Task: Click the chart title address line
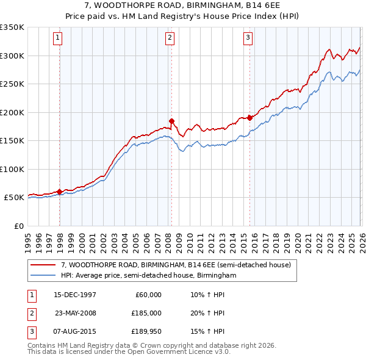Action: [183, 5]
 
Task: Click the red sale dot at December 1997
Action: [60, 192]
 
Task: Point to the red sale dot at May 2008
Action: [171, 121]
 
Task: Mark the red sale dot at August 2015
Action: [250, 118]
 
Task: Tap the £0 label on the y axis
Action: [18, 226]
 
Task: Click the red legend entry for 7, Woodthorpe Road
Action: [177, 265]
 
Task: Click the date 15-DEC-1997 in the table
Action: [76, 294]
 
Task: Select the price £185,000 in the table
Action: [146, 313]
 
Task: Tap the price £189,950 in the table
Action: [146, 332]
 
